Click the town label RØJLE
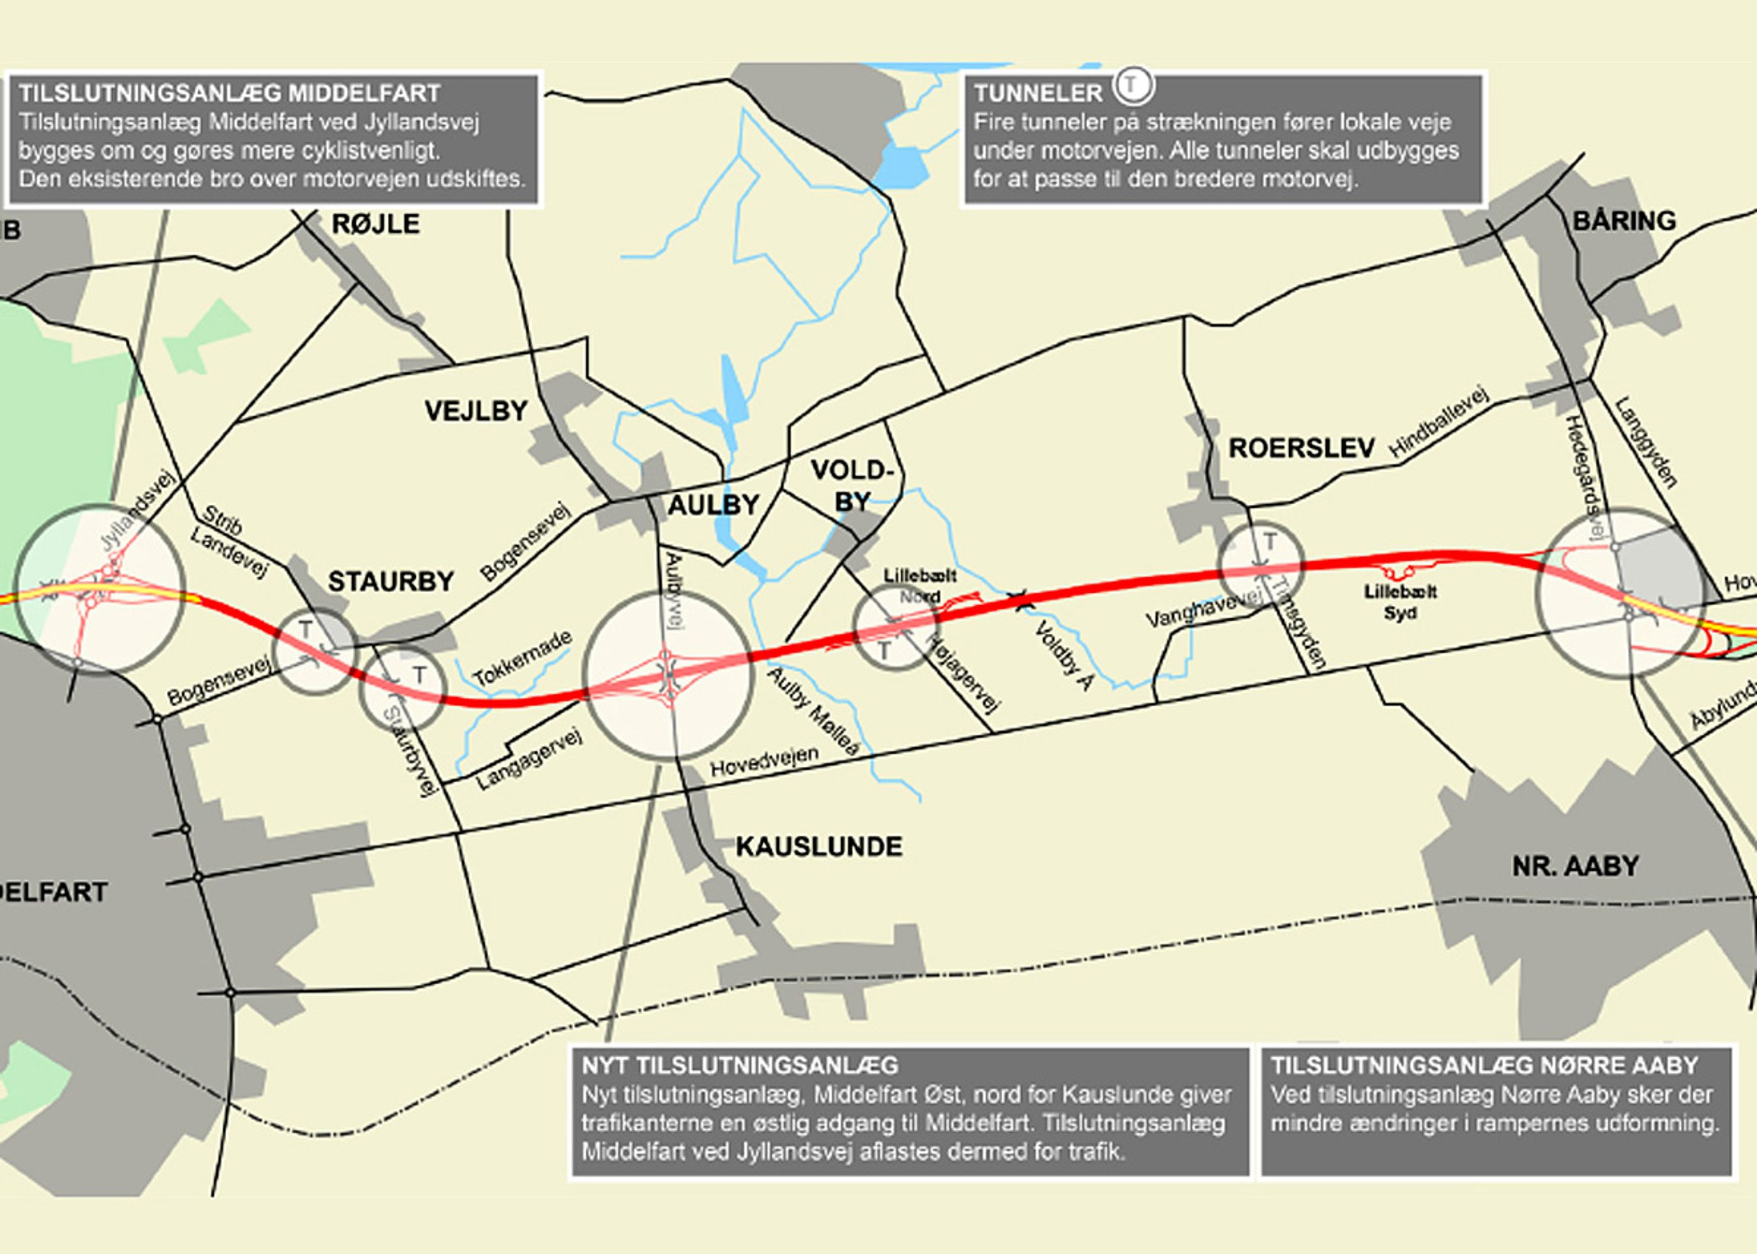(375, 225)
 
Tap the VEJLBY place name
(476, 411)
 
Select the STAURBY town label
(391, 582)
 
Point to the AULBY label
(714, 506)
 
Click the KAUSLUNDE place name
(819, 847)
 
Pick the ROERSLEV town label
(1301, 449)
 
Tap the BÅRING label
(1624, 221)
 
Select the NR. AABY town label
(1575, 866)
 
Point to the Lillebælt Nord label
(920, 585)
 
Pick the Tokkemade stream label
(523, 658)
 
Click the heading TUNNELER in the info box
(1038, 93)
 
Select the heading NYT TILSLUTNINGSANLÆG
(740, 1066)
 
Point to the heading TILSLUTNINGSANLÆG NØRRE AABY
(1485, 1066)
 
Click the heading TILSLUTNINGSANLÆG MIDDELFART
(229, 93)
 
